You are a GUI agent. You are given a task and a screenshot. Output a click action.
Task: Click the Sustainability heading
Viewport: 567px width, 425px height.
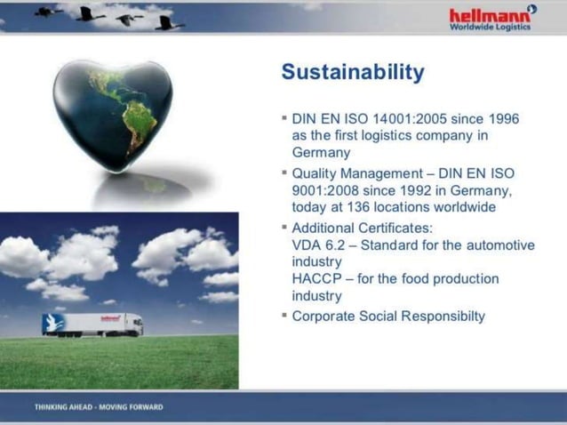352,72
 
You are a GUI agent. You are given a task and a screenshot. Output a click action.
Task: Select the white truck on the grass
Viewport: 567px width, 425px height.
92,324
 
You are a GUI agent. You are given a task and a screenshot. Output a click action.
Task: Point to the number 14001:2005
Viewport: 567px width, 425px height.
408,118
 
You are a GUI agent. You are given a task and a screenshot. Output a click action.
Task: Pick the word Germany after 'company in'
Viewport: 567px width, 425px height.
321,152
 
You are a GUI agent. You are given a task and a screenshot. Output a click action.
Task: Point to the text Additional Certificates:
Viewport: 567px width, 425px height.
362,228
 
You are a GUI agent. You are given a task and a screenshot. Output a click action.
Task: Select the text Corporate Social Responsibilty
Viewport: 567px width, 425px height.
388,316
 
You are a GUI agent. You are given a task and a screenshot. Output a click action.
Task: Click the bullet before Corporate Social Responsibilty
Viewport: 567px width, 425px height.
283,315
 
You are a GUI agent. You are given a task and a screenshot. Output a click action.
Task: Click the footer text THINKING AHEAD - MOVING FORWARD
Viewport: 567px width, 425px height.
99,407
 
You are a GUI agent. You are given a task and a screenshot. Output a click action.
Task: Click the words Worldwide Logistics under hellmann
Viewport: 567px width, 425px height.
490,27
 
